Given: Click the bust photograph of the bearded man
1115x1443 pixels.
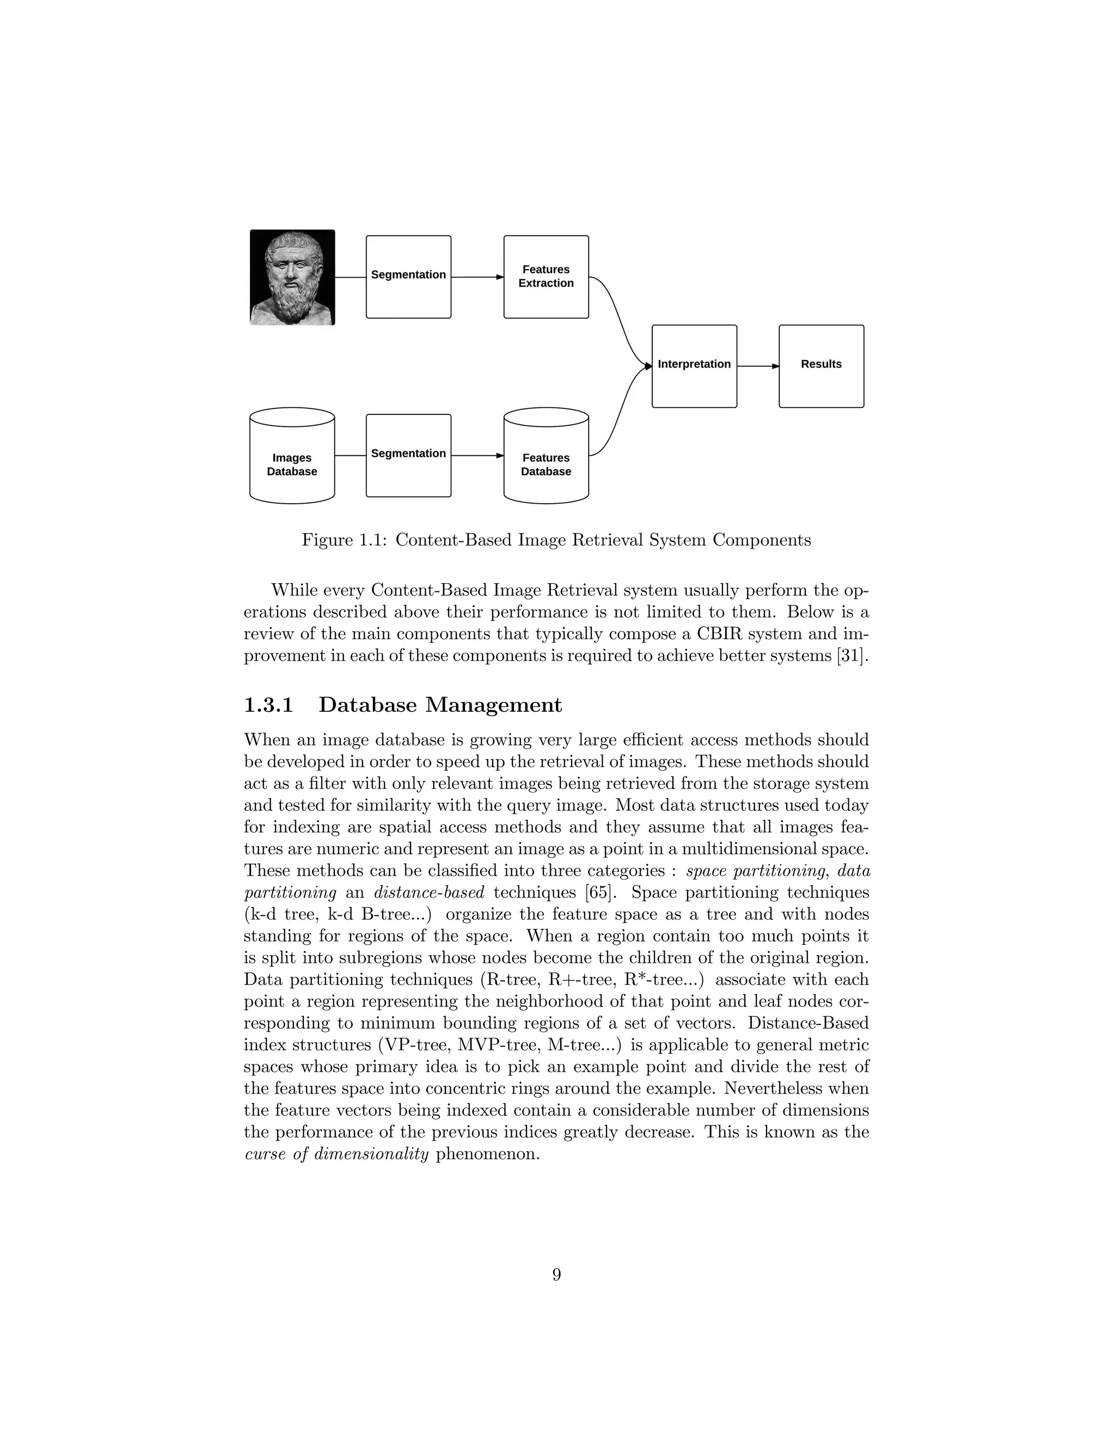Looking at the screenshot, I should (292, 278).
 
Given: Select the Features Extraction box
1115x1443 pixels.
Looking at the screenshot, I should (546, 277).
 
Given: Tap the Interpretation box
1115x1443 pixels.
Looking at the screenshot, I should (694, 365).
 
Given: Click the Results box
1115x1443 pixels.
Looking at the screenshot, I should (821, 365).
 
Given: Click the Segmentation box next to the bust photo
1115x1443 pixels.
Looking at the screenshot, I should (408, 276).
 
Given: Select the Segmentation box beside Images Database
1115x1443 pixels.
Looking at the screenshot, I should (408, 455).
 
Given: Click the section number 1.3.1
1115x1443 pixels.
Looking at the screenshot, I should (268, 705).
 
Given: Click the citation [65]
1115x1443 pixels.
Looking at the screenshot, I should (601, 892).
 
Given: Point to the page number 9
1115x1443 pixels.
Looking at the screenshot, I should (556, 1275).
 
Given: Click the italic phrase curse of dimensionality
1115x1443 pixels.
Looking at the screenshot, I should (337, 1154).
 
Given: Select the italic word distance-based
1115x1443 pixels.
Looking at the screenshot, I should (430, 892).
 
